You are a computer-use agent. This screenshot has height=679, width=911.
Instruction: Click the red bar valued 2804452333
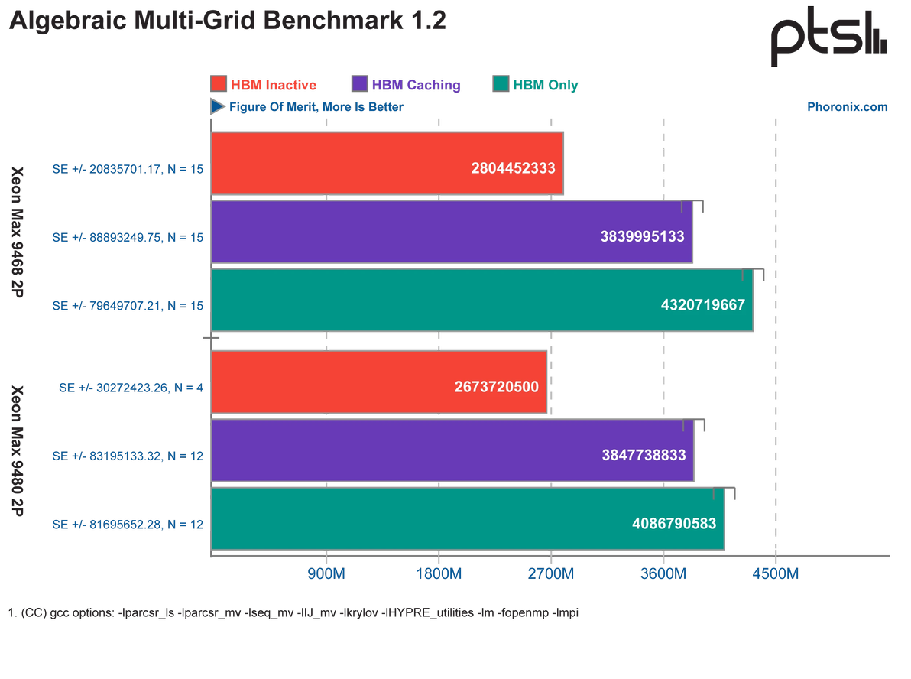coord(387,164)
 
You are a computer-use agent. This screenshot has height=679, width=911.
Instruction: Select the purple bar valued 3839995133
coord(451,232)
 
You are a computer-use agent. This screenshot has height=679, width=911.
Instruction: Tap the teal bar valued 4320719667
coord(481,299)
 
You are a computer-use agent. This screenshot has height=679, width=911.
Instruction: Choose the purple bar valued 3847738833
coord(452,450)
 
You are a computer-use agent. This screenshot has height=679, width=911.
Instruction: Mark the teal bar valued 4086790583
coord(467,518)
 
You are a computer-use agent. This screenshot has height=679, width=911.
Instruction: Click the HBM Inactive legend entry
coord(264,84)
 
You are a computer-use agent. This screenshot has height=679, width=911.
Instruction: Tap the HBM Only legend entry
coord(537,84)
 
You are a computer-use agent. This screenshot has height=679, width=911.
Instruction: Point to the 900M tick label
coord(326,573)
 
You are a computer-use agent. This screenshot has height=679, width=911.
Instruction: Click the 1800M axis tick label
coord(439,573)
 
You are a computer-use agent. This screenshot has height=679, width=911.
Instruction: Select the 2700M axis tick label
coord(551,573)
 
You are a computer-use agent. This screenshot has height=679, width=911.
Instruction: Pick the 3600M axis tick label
coord(663,573)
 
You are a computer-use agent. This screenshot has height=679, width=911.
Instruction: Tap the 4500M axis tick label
coord(776,573)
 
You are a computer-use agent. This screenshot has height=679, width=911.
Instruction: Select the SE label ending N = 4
coord(131,388)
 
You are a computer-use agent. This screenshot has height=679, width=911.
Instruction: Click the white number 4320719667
coord(702,304)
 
